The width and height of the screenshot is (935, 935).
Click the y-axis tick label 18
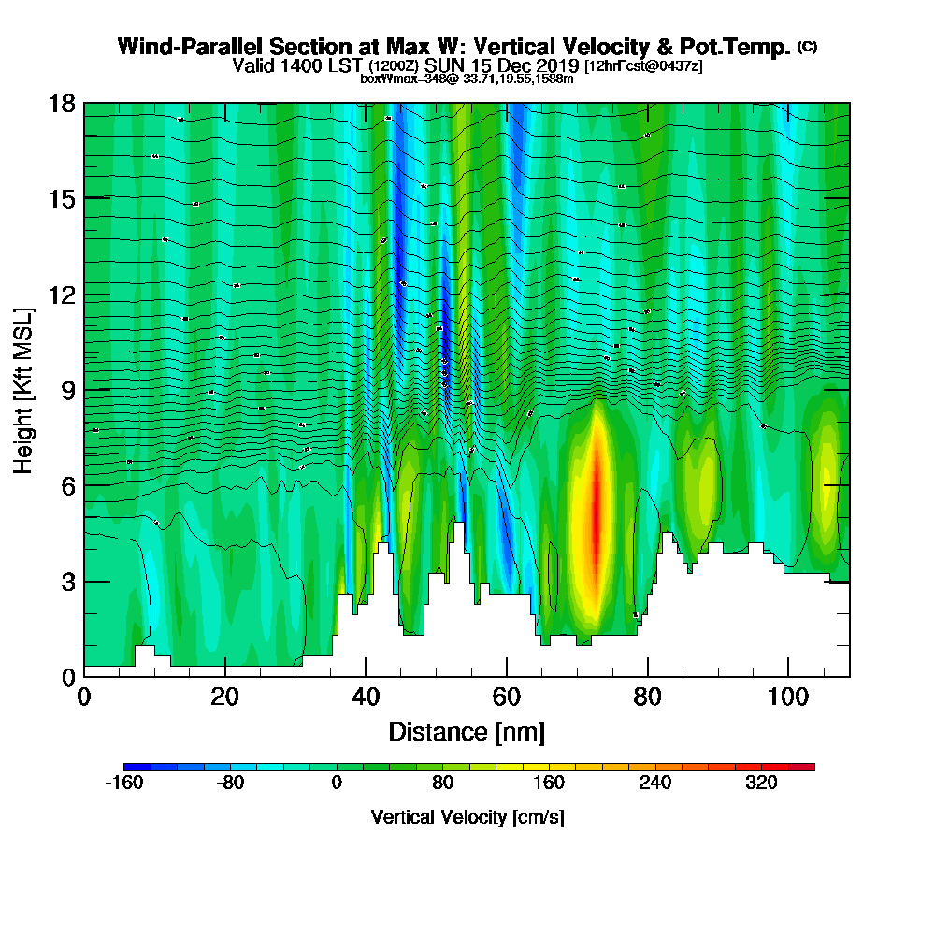point(62,103)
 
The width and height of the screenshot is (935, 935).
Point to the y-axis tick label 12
point(62,295)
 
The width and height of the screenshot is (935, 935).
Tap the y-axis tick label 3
point(67,581)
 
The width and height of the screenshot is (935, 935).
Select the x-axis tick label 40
point(366,698)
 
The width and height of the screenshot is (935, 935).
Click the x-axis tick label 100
point(788,698)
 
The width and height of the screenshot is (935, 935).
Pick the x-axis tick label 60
point(506,698)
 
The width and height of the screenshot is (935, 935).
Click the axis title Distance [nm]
point(467,731)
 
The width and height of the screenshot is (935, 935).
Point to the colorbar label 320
point(761,784)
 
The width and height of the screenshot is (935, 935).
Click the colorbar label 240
point(655,784)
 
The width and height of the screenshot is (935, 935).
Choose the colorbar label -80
point(230,784)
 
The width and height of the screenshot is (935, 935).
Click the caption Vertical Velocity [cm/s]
point(467,817)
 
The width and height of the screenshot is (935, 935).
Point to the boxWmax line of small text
point(467,79)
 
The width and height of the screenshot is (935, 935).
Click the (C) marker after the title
point(807,46)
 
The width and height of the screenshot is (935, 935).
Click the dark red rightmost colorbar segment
point(801,767)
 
